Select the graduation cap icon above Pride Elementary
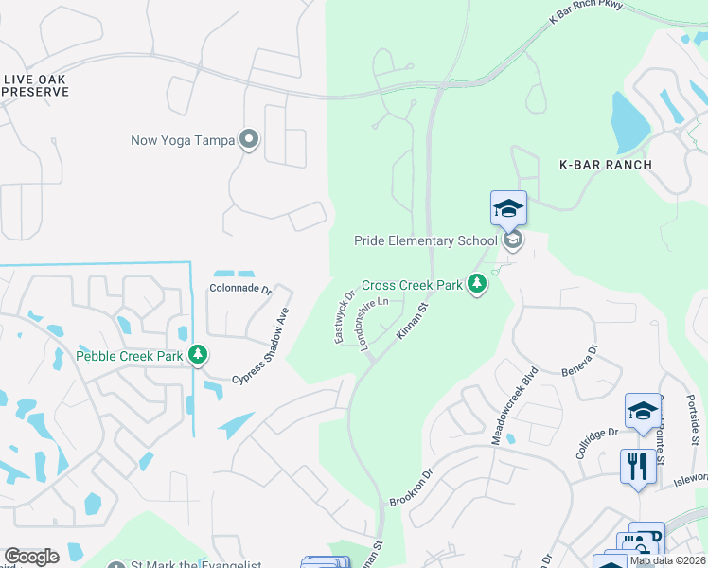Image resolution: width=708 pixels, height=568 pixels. click(508, 208)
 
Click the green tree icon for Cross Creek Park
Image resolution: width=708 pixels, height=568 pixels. click(478, 284)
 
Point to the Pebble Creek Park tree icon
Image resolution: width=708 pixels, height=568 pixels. click(197, 356)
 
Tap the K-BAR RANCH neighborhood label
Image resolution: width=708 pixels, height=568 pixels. click(605, 165)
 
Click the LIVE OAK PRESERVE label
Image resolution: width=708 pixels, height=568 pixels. click(36, 85)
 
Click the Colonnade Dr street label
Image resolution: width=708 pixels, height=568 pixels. click(239, 290)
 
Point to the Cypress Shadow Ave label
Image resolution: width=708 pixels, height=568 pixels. click(260, 346)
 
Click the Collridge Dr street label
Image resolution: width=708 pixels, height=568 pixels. click(597, 442)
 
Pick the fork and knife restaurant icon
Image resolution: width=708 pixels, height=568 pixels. click(633, 466)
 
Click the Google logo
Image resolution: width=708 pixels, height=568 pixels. click(30, 557)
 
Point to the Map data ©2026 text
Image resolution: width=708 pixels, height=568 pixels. click(667, 560)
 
